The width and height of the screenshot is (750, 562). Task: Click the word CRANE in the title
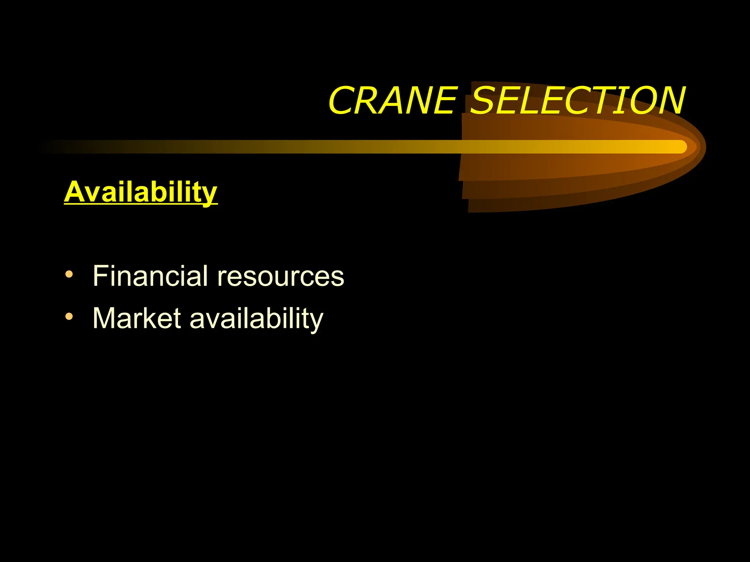coord(393,101)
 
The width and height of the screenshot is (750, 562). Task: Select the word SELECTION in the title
coord(577,101)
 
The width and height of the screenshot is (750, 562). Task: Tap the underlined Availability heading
coord(141,192)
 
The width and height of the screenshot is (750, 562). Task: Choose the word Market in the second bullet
coord(137,318)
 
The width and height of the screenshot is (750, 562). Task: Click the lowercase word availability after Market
coord(256,318)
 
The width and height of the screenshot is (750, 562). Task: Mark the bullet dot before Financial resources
coord(69,274)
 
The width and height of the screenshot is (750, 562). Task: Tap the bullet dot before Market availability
coord(69,316)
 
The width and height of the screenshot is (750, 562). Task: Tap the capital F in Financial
coord(100,276)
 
